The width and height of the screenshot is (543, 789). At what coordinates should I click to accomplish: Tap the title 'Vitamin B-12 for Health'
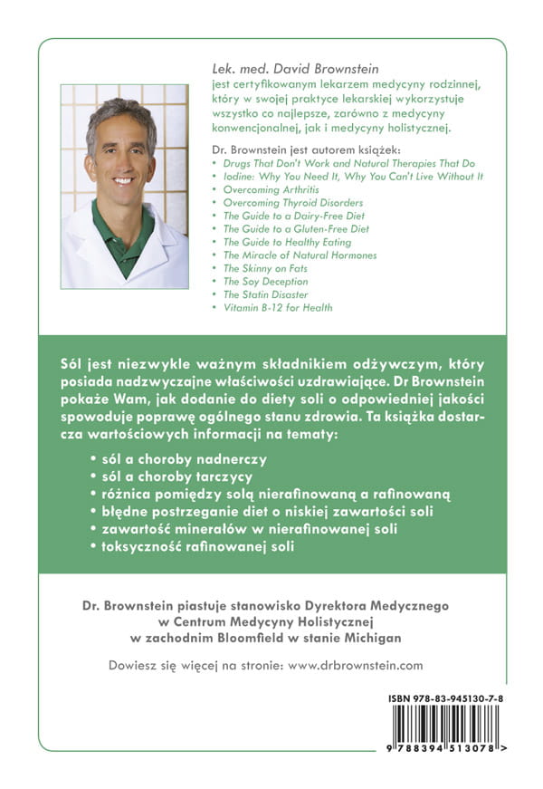click(x=278, y=308)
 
